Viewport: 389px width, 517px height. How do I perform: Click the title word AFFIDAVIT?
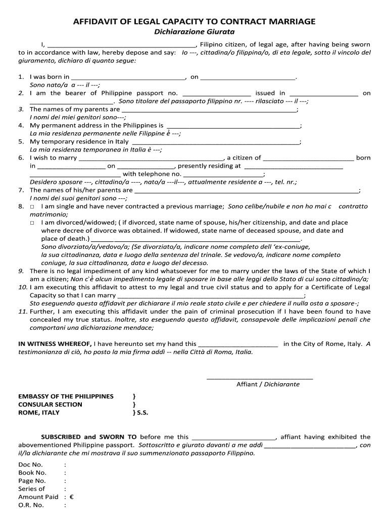(95, 21)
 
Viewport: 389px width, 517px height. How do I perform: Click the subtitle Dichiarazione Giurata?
(194, 32)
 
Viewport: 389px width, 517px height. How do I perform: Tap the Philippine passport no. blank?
(216, 93)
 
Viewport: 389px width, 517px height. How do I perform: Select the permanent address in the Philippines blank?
(233, 126)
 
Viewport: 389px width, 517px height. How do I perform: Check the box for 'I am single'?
(32, 206)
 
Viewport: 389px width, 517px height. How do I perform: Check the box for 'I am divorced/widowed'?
(32, 223)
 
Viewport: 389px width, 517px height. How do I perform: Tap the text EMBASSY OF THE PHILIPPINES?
(66, 396)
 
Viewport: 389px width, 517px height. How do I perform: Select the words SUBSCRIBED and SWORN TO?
(88, 437)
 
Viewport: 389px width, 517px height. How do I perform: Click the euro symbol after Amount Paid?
(71, 497)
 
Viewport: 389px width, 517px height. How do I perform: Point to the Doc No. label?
(30, 464)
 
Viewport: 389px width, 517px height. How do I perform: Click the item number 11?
(22, 312)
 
